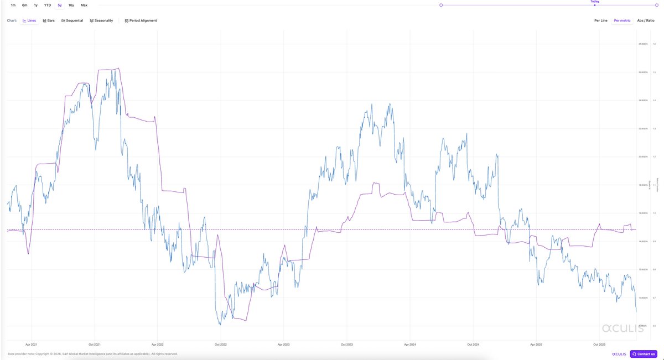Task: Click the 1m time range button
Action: coord(13,5)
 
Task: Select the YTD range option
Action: coord(48,5)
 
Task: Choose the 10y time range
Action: coord(71,5)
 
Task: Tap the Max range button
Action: coord(84,5)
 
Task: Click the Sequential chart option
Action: coord(72,20)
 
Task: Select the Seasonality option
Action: coord(101,20)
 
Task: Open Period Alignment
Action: coord(141,20)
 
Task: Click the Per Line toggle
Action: coord(600,20)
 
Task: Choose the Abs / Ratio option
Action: coord(645,20)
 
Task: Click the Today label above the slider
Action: coord(595,2)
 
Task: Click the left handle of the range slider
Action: coord(441,5)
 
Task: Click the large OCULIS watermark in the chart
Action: coord(622,328)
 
